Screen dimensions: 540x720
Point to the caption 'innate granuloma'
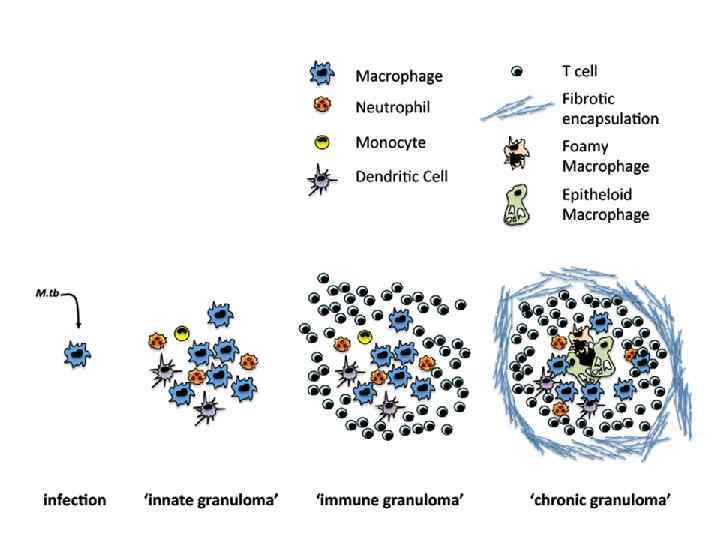pos(205,498)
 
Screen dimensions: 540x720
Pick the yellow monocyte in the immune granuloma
pos(365,338)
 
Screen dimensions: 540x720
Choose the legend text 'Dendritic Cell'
pos(402,177)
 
